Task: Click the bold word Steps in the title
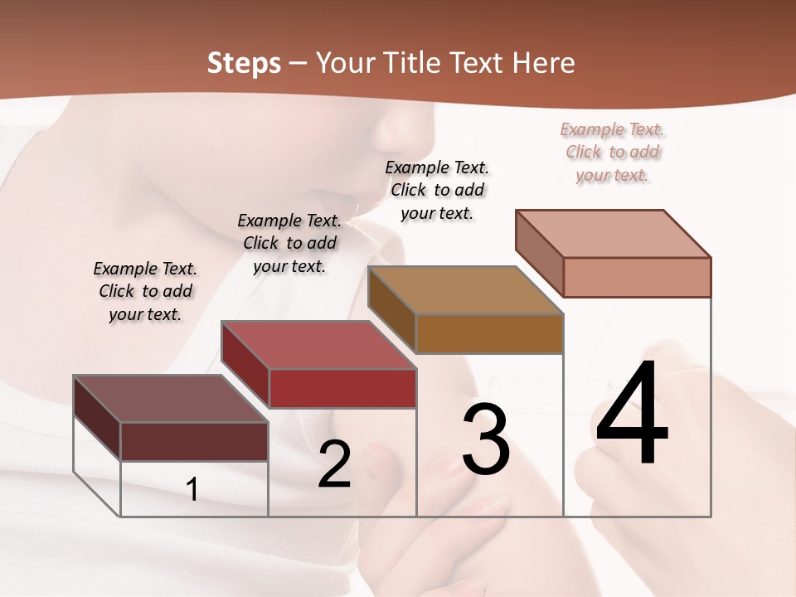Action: point(244,63)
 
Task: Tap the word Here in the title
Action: point(542,63)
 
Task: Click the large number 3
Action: point(486,440)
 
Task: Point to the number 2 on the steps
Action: point(334,464)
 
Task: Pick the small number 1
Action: point(192,489)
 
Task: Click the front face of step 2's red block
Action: point(343,388)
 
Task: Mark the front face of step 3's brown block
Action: point(489,333)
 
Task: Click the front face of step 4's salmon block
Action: point(637,277)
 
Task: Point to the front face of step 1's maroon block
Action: point(194,441)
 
